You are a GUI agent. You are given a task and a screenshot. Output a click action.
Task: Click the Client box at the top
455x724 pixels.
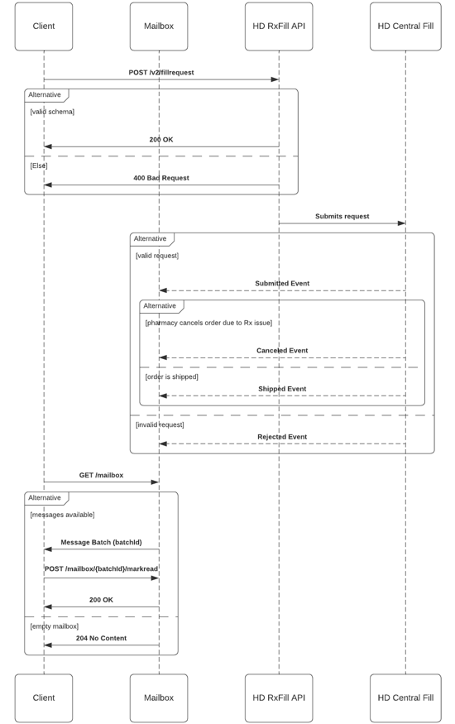44,26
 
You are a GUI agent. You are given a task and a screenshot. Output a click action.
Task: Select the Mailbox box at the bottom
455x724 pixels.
159,698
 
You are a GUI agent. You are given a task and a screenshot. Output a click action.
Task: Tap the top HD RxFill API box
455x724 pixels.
279,26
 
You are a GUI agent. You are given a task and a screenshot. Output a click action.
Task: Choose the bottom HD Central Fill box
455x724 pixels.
405,698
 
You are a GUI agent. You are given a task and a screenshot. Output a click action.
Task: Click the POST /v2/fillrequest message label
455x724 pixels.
161,73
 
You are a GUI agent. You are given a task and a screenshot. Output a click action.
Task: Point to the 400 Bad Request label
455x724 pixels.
161,178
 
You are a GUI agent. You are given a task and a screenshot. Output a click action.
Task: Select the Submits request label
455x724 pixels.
342,216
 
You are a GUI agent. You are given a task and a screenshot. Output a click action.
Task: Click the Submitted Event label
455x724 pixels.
282,284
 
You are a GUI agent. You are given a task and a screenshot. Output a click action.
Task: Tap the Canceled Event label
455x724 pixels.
282,351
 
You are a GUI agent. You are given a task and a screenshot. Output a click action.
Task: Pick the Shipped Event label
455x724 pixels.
282,389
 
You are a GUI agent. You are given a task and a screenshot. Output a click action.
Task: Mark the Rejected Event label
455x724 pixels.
282,437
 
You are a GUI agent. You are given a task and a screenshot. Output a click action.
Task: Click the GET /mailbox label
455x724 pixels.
101,475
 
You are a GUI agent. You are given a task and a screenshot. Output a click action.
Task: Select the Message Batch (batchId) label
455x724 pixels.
101,542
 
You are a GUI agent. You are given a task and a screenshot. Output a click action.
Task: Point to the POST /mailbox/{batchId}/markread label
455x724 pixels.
101,569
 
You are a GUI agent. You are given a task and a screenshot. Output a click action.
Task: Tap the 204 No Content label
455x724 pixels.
101,638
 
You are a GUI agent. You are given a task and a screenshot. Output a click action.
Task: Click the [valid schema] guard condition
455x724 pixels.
52,112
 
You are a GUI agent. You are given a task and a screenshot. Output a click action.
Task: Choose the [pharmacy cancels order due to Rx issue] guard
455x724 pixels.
208,323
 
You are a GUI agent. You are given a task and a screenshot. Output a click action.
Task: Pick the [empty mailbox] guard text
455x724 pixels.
55,626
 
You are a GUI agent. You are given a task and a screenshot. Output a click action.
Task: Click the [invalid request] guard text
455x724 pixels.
160,424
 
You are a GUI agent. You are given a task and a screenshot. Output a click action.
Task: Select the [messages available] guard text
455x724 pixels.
62,515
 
